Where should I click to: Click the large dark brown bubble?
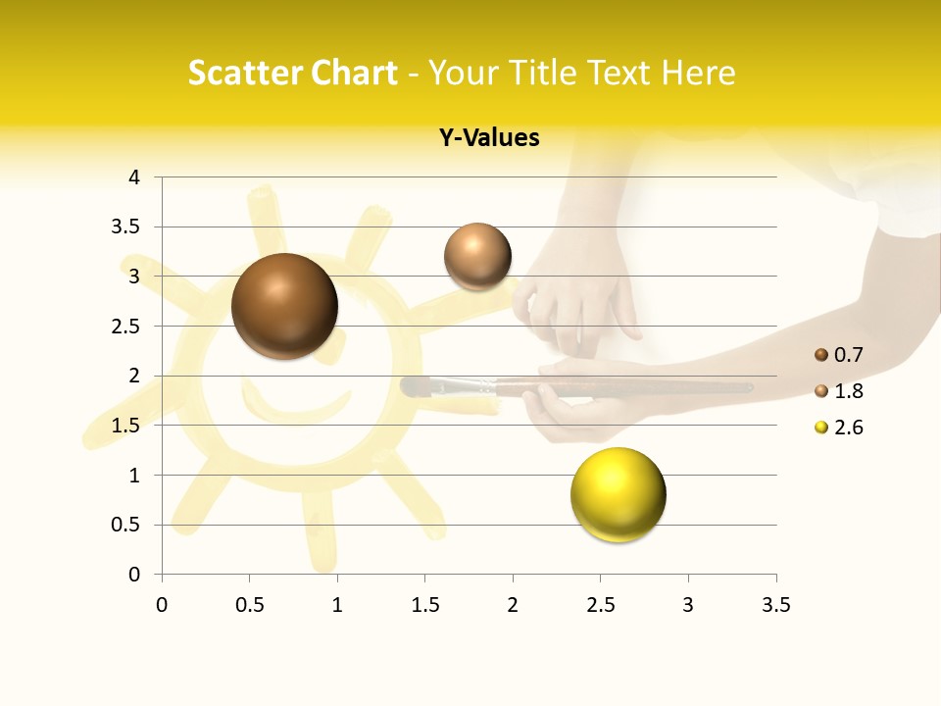pos(284,306)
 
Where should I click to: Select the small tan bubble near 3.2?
pos(477,256)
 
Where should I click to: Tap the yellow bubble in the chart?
pos(618,494)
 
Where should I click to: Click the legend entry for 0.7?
pos(838,355)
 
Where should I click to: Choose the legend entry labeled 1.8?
pos(838,391)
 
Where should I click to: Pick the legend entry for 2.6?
pos(838,428)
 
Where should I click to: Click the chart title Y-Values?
pos(488,138)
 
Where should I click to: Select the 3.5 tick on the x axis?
pos(775,605)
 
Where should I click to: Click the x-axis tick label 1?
pos(337,605)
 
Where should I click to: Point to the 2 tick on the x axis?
pos(512,605)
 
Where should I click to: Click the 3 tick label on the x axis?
pos(687,605)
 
